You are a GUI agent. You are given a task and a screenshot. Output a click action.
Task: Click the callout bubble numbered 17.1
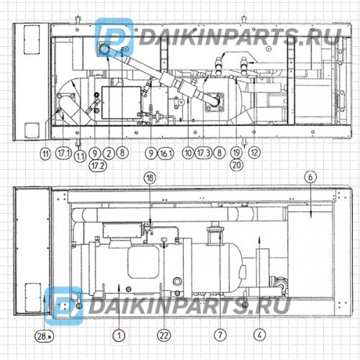pos(63,153)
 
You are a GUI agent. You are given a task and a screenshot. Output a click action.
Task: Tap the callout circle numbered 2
pos(107,153)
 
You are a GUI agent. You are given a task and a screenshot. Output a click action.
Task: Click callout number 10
pos(188,153)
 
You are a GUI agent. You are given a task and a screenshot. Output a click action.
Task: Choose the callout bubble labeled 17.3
pos(204,153)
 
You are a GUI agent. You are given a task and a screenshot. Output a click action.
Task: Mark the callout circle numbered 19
pos(235,153)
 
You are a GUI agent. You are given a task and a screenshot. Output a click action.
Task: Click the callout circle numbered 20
pos(235,165)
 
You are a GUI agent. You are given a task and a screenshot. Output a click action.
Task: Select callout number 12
pos(253,153)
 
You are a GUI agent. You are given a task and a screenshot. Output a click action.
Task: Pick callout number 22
pos(164,335)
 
